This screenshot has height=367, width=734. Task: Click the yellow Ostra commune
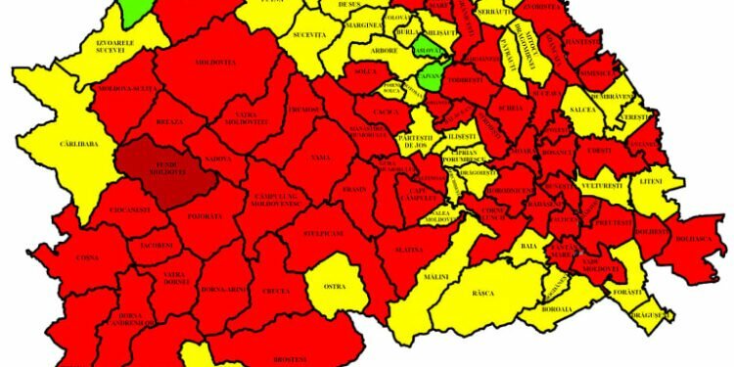click(x=335, y=286)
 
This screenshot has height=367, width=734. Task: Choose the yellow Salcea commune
click(x=584, y=109)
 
